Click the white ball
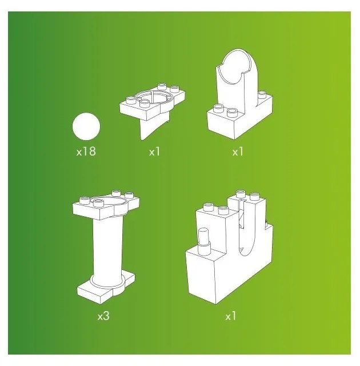(x=86, y=126)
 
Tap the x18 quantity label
(x=86, y=152)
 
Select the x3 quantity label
(x=103, y=315)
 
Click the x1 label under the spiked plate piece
(x=155, y=152)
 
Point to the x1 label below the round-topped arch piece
(x=238, y=152)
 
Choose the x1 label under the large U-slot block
(x=230, y=315)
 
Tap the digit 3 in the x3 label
(x=106, y=315)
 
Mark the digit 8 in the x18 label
(x=92, y=152)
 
